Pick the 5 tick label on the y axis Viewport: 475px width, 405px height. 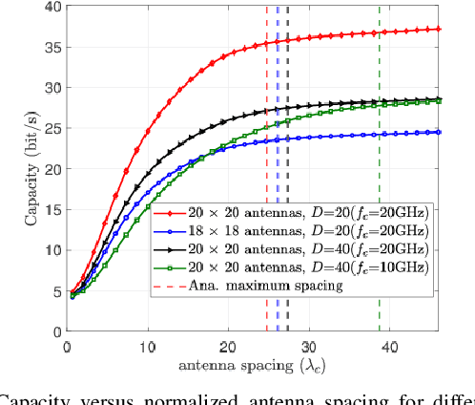click(52, 290)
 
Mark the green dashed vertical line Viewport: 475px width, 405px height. click(380, 143)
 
